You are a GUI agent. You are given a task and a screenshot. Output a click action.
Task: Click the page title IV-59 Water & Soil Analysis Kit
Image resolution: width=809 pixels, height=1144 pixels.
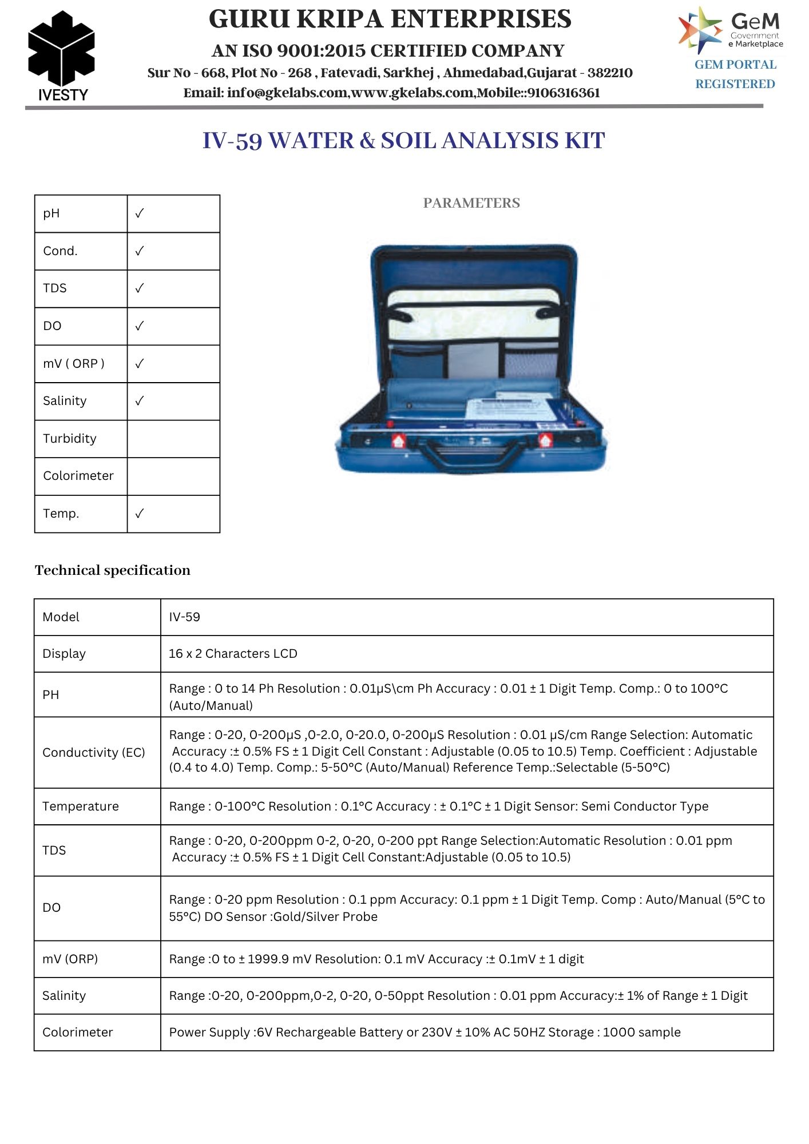point(403,141)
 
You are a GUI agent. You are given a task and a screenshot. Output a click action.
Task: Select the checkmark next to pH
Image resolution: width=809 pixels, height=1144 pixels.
point(140,213)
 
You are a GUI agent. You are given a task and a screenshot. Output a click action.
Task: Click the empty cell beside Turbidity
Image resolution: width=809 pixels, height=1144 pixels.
point(173,439)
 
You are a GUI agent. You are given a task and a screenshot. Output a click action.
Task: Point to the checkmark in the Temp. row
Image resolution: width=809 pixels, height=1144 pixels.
point(140,514)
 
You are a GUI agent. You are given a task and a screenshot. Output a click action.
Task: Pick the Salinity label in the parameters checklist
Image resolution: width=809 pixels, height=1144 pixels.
point(65,401)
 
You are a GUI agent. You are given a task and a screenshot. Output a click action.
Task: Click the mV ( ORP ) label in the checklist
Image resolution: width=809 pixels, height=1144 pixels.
point(74,364)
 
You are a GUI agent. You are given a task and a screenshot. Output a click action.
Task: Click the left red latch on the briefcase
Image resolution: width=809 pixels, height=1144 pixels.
point(398,440)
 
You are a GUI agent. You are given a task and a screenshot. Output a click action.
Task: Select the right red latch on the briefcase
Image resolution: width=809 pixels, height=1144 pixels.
point(545,440)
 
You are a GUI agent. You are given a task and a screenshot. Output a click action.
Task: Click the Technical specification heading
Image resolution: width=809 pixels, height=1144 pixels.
point(113,570)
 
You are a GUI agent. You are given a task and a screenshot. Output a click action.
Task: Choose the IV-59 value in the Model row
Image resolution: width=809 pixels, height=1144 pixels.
point(184,617)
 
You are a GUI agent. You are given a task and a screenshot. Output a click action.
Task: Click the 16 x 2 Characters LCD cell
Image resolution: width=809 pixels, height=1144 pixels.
point(233,654)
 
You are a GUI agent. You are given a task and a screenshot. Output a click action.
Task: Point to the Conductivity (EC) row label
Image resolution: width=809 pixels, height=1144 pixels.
point(94,753)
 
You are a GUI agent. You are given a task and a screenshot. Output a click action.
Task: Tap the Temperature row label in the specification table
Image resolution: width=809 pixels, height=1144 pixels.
point(81,807)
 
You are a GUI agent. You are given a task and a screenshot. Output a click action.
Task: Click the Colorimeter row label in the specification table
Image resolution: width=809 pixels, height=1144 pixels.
point(78,1032)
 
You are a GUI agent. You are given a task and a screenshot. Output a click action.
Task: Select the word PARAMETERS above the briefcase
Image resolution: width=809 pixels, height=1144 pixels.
point(471,203)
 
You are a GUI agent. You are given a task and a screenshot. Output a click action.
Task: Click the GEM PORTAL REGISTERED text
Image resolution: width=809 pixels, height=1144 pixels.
point(735,74)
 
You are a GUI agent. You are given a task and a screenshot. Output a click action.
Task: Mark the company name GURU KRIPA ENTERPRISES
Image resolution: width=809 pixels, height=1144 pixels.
point(390,19)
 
